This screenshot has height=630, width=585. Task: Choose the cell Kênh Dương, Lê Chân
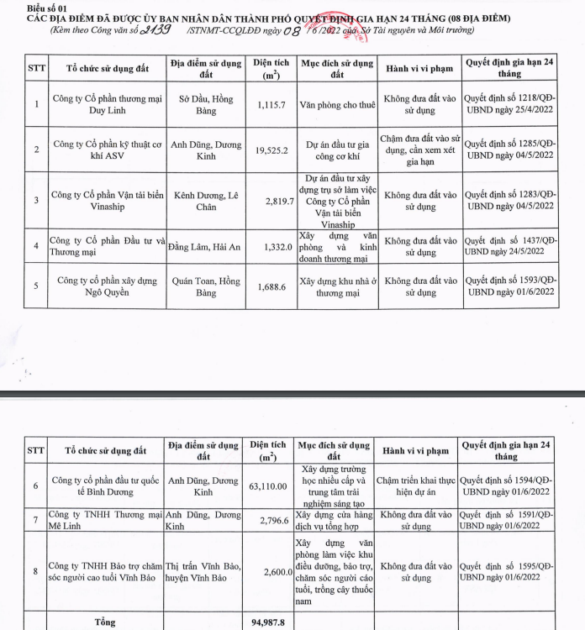point(206,200)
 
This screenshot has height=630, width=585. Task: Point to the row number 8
point(35,571)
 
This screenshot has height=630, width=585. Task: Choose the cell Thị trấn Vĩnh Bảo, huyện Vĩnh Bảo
point(206,571)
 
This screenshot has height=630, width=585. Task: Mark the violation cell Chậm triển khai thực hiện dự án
point(418,485)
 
